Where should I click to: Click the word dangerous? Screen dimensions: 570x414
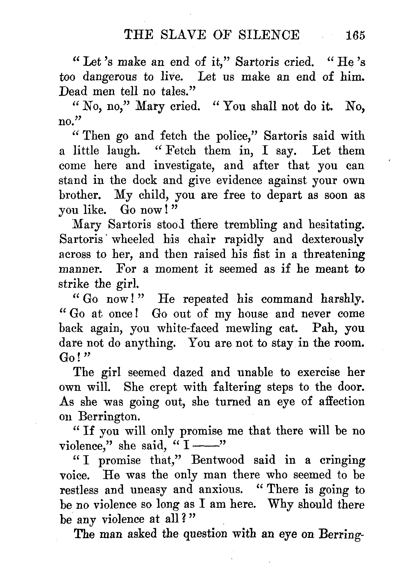click(x=109, y=77)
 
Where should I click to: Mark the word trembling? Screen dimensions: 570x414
click(x=248, y=225)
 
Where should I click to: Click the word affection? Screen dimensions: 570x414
click(x=341, y=402)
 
